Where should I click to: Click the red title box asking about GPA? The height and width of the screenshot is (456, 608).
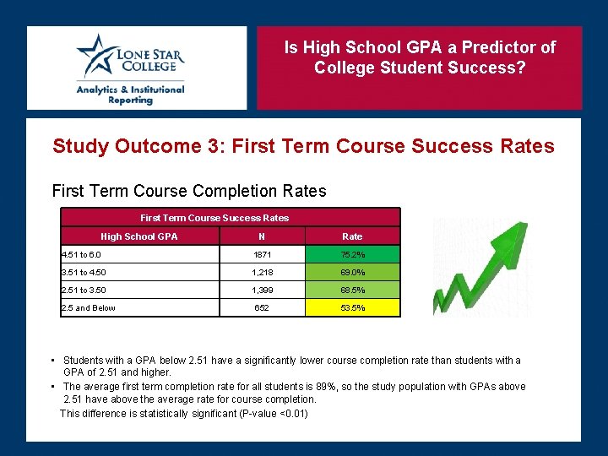(x=420, y=68)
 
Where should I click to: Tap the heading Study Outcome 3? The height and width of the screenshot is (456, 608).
(x=303, y=146)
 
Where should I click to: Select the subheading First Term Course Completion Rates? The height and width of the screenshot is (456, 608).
(x=189, y=191)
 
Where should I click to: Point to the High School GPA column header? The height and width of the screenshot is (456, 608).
(x=139, y=236)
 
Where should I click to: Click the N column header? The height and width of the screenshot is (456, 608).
(x=262, y=236)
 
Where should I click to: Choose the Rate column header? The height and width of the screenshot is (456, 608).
(x=352, y=236)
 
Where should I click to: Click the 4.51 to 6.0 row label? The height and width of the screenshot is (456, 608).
(x=81, y=254)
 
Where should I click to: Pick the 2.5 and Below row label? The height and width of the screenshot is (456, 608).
(x=88, y=307)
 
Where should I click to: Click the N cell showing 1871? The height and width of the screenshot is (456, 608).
(x=262, y=254)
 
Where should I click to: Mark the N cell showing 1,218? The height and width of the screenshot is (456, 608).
(x=262, y=272)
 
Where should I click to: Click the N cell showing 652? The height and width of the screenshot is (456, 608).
(x=262, y=307)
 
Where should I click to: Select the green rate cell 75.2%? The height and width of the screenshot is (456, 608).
(x=352, y=254)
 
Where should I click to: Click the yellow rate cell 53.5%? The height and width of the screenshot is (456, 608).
(x=352, y=307)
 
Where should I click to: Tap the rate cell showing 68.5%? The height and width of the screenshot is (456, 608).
(x=352, y=290)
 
